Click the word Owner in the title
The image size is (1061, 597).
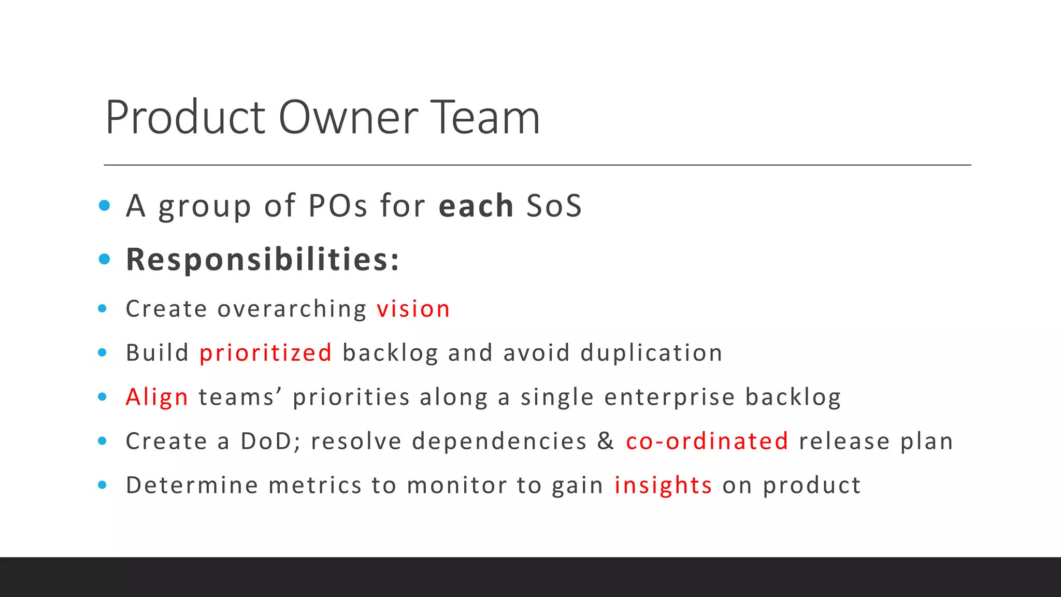tap(348, 118)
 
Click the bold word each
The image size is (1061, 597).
tap(476, 206)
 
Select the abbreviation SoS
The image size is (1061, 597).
tap(554, 206)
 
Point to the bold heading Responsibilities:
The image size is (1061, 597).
tap(263, 259)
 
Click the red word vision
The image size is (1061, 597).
tap(413, 309)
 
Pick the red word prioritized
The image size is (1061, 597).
tap(265, 353)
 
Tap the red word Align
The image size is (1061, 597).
tap(156, 397)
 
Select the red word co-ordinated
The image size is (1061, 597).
tap(707, 442)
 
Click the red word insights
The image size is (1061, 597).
tap(663, 486)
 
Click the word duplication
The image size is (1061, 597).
tap(651, 353)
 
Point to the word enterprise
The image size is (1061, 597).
tap(669, 397)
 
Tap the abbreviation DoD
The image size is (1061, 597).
tap(266, 442)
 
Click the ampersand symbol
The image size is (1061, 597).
tap(605, 441)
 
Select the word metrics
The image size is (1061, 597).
tap(315, 486)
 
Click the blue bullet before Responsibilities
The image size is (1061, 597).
tap(104, 259)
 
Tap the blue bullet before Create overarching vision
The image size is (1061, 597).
tap(103, 309)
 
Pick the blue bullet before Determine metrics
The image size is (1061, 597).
tap(103, 485)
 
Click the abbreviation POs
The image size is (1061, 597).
tap(338, 206)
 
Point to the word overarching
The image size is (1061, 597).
tap(292, 309)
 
